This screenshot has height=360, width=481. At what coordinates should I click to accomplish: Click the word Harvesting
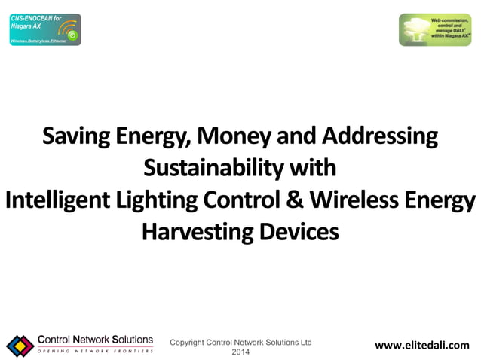pyautogui.click(x=195, y=232)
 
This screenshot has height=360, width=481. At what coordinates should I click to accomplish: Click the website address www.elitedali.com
pyautogui.click(x=421, y=346)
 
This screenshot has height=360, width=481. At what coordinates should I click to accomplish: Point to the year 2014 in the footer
pyautogui.click(x=240, y=352)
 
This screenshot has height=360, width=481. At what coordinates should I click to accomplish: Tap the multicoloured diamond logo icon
pyautogui.click(x=20, y=346)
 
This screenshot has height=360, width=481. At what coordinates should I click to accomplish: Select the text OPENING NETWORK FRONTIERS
pyautogui.click(x=95, y=352)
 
